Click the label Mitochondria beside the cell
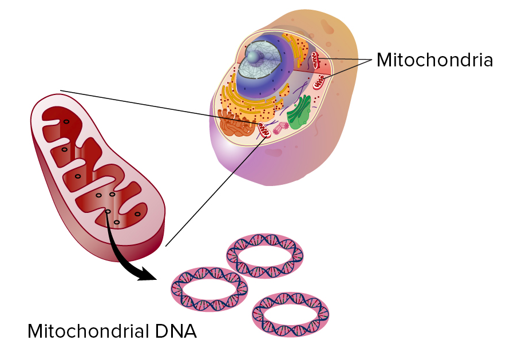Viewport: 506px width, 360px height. pyautogui.click(x=434, y=60)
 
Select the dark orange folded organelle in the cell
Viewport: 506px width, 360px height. pyautogui.click(x=235, y=122)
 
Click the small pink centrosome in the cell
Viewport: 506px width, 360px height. pyautogui.click(x=281, y=129)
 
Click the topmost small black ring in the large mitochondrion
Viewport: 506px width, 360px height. pyautogui.click(x=66, y=122)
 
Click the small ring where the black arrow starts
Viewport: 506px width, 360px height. pyautogui.click(x=108, y=212)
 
